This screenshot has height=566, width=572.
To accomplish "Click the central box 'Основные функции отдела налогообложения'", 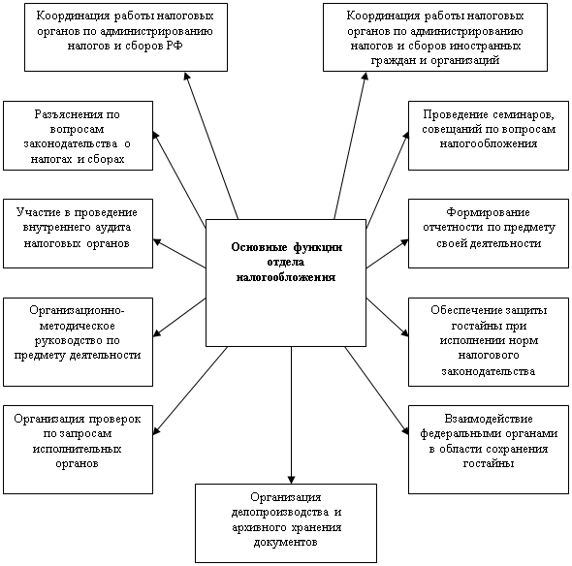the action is tap(286, 283).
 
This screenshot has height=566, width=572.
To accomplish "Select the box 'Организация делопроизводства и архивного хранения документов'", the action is tap(286, 523).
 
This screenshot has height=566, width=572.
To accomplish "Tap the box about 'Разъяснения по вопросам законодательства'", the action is tap(78, 136).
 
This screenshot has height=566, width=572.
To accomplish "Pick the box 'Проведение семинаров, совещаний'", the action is tap(489, 136).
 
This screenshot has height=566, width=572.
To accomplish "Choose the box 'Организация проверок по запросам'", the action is tap(78, 450).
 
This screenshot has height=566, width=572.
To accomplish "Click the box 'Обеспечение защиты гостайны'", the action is tap(489, 342).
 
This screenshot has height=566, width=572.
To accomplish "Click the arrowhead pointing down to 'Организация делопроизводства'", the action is tap(291, 480).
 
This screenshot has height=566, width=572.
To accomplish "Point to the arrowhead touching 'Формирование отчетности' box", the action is tap(404, 242).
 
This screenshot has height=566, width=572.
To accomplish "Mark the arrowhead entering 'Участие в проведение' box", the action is tap(157, 241).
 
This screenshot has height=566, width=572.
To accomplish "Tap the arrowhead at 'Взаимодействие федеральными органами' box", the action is tap(405, 430).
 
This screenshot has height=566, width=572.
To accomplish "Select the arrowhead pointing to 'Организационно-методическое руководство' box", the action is tap(157, 332).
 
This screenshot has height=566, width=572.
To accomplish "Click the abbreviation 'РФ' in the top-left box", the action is tap(175, 46).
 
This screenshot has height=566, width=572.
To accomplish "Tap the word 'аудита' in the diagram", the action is tap(113, 227).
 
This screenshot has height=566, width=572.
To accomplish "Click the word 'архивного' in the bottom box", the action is tap(259, 527).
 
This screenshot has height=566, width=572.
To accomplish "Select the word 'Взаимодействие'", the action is tap(489, 419).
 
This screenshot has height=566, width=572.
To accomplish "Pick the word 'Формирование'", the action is tap(488, 212).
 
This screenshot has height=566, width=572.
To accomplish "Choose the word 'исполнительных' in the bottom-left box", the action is tap(77, 448).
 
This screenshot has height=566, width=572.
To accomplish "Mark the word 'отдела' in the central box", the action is tap(286, 263).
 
